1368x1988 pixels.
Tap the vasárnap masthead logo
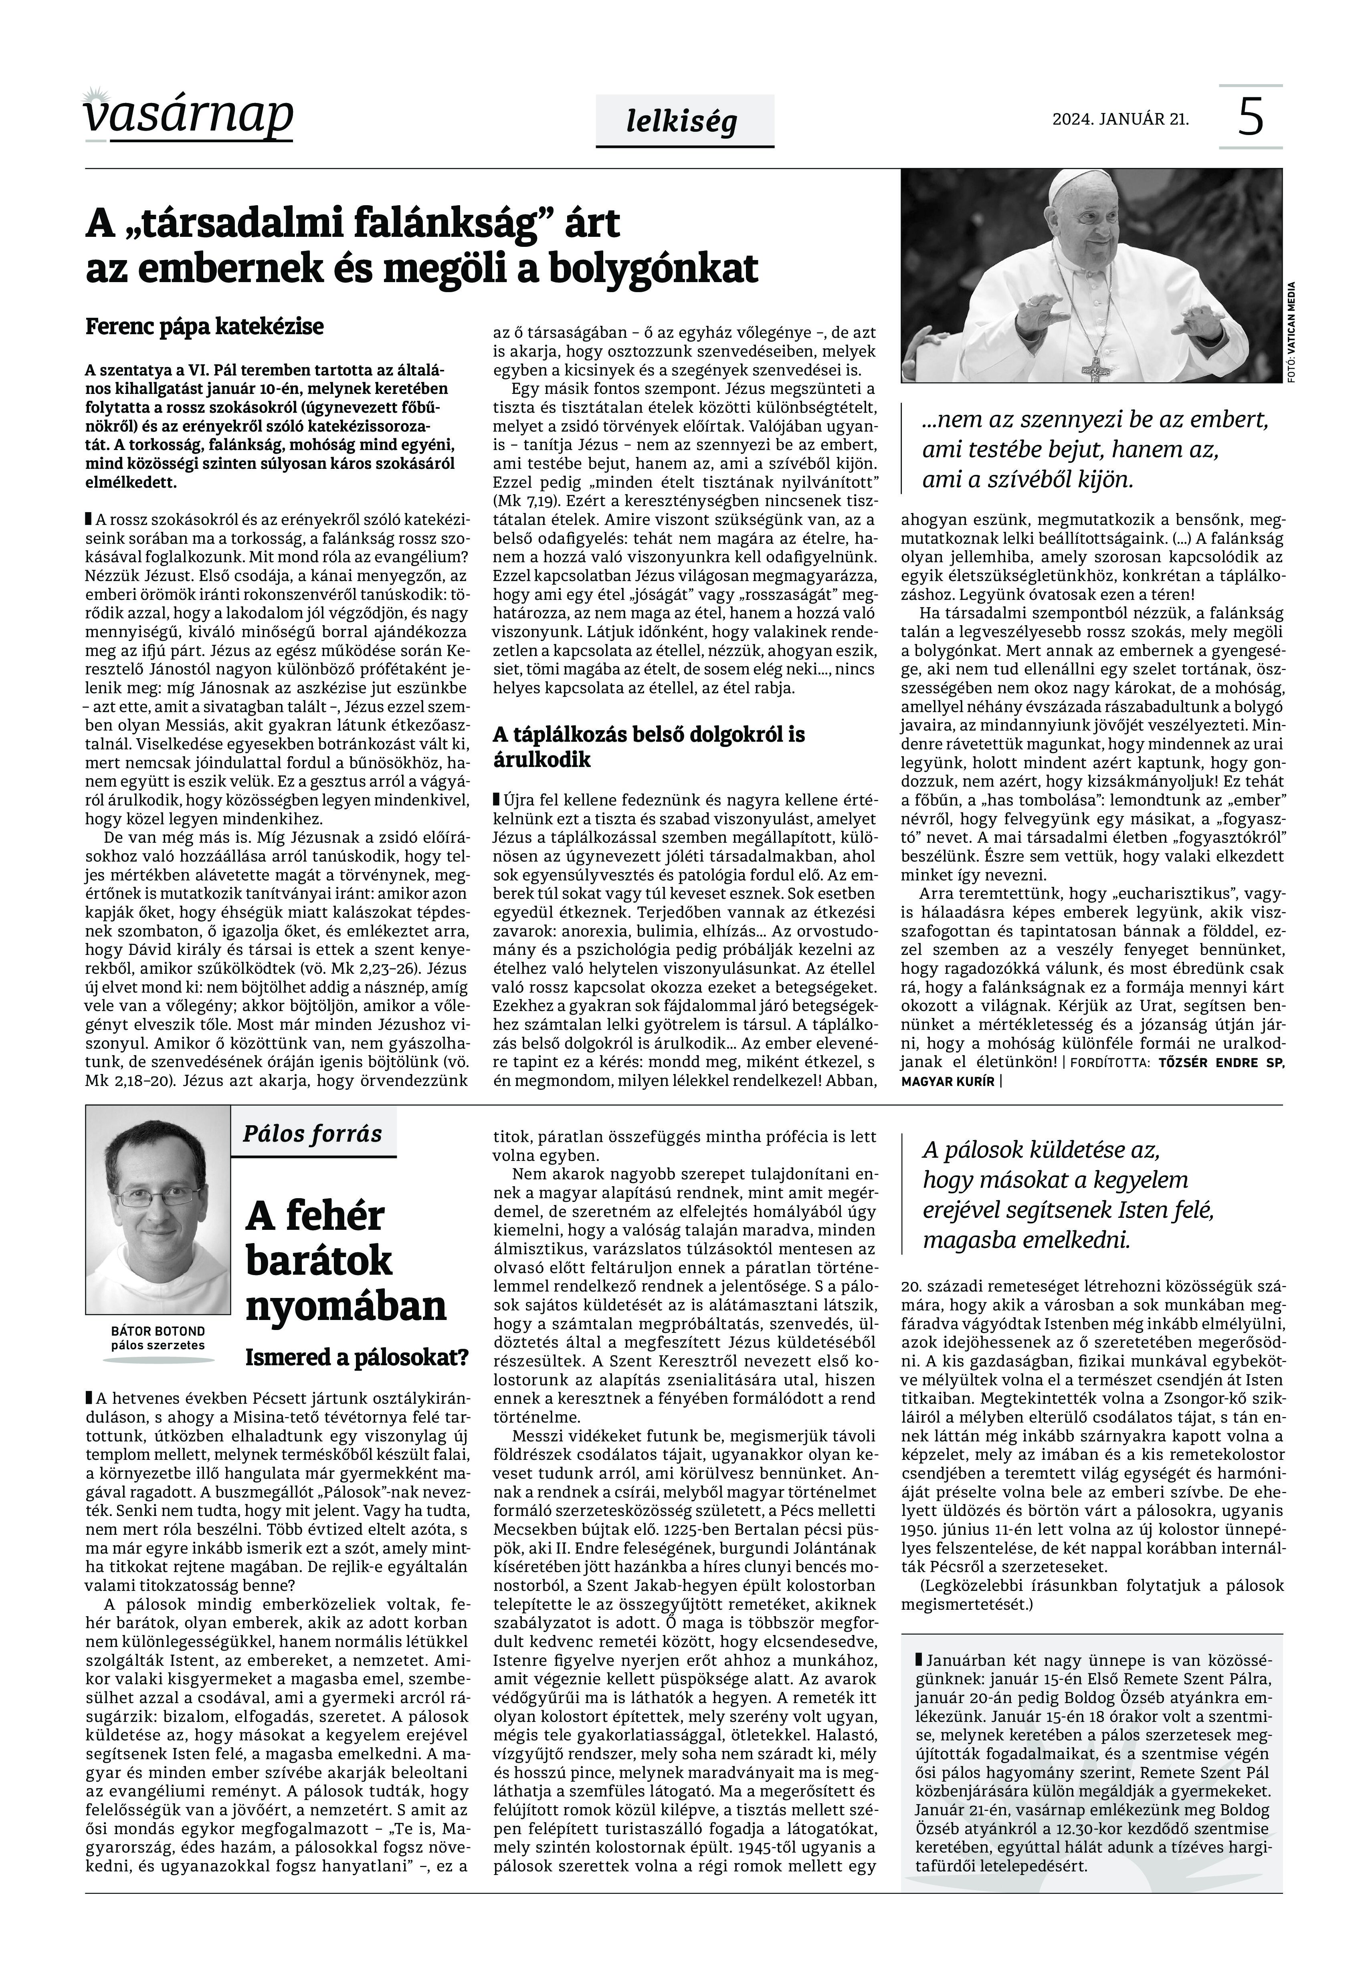coord(188,116)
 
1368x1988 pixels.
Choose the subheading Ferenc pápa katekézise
coord(205,327)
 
